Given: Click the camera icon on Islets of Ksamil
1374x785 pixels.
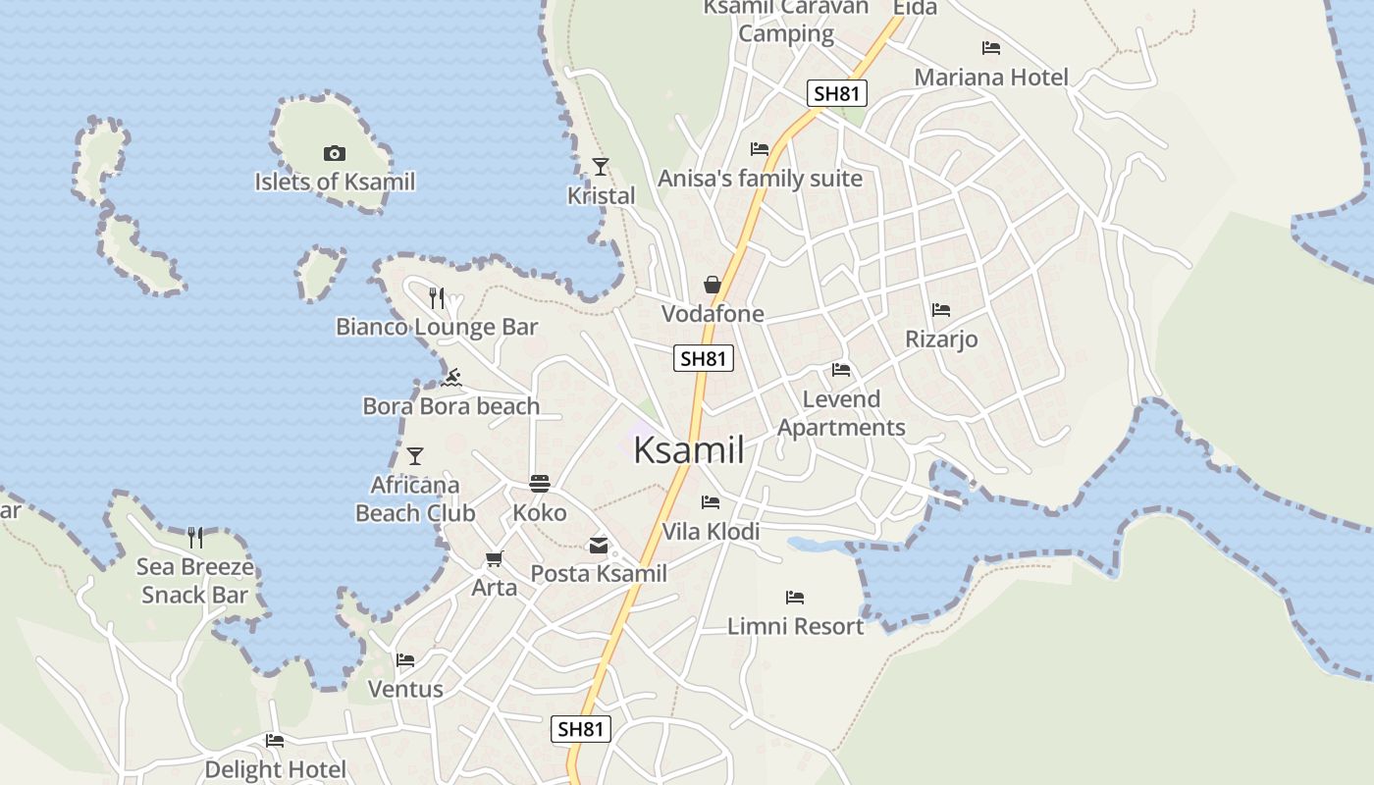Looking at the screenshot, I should (x=335, y=153).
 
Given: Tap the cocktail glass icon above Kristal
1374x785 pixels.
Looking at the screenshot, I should (x=601, y=167).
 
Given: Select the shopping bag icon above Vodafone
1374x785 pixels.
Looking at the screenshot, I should (x=713, y=285).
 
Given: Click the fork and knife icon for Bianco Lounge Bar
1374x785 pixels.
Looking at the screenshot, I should (x=437, y=297).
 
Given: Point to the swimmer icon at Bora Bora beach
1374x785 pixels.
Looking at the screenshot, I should (x=451, y=378).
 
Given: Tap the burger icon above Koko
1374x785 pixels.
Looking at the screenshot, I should (x=540, y=483).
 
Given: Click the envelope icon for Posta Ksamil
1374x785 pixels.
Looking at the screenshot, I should (x=599, y=546).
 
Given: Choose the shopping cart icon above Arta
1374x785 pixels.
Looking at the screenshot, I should (x=495, y=558).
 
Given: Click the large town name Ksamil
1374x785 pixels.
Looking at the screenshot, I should (x=688, y=450).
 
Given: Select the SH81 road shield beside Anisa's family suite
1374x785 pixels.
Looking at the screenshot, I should (x=837, y=94).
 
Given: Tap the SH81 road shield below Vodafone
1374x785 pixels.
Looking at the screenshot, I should (x=704, y=358).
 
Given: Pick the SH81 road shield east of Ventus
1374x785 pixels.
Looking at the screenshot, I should (x=580, y=729).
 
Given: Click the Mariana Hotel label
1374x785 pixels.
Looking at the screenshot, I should (x=991, y=78).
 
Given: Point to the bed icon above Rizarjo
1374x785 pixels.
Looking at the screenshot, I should (x=941, y=310).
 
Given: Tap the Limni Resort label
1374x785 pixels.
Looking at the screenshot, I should (x=795, y=626).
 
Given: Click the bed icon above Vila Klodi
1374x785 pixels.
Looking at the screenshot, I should (x=711, y=502).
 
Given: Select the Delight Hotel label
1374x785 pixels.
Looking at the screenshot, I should (x=275, y=769).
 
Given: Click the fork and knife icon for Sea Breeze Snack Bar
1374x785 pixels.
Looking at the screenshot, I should (x=195, y=537).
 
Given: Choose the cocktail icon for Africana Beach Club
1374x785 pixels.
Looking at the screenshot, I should (x=415, y=455).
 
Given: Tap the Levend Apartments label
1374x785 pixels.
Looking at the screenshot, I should (x=841, y=413).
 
